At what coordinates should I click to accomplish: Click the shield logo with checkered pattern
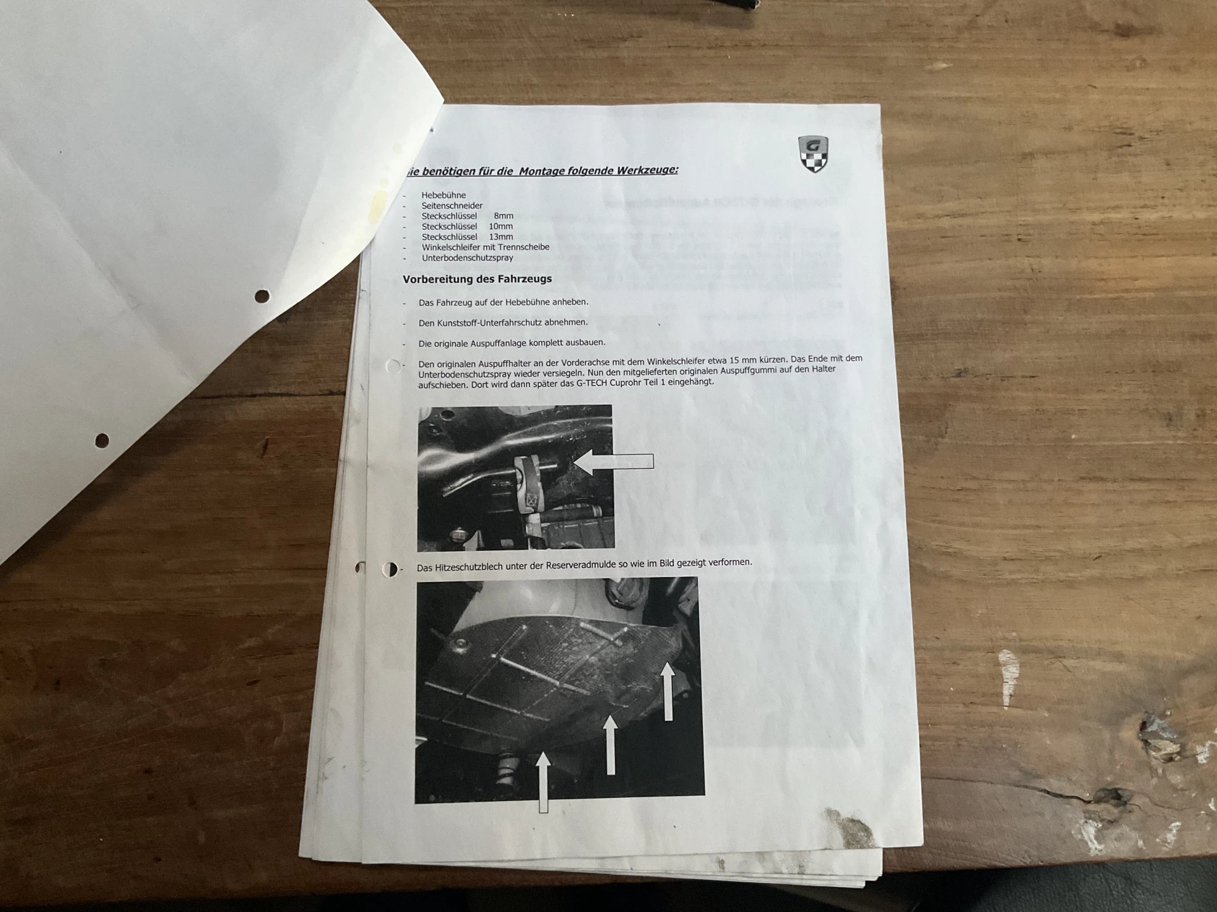813,154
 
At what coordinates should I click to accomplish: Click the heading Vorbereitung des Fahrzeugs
477,279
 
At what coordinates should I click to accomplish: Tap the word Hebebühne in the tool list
443,195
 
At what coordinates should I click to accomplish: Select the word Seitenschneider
452,205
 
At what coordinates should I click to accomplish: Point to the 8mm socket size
503,216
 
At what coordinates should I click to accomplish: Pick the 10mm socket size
501,226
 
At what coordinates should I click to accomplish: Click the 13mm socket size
501,237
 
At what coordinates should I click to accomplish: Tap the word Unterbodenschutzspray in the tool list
467,258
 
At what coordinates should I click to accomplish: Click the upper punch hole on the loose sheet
262,296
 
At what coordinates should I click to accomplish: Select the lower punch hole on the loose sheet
102,440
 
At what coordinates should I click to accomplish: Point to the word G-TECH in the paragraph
591,383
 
